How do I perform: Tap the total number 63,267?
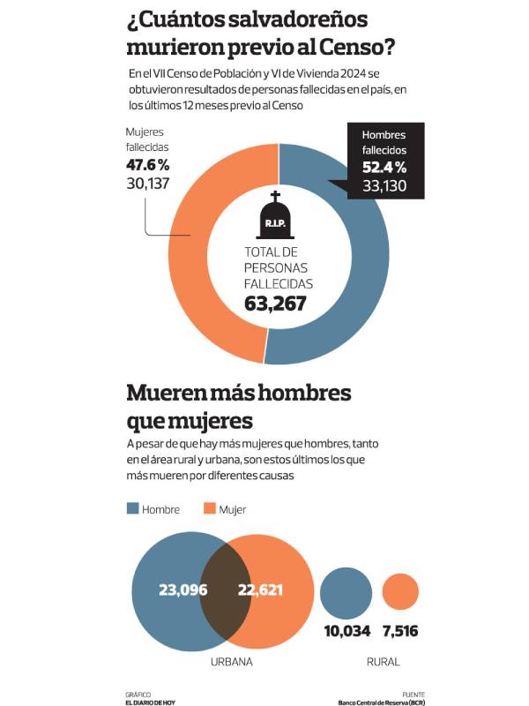(x=275, y=304)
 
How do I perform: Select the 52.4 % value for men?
(x=384, y=167)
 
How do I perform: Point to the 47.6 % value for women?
(x=148, y=165)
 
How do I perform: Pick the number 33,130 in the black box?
(x=384, y=184)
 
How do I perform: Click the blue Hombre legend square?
(x=133, y=508)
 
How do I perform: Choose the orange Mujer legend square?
(x=210, y=508)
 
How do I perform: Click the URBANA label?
(x=232, y=661)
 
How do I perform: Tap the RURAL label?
(x=382, y=661)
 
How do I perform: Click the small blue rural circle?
(x=346, y=592)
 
